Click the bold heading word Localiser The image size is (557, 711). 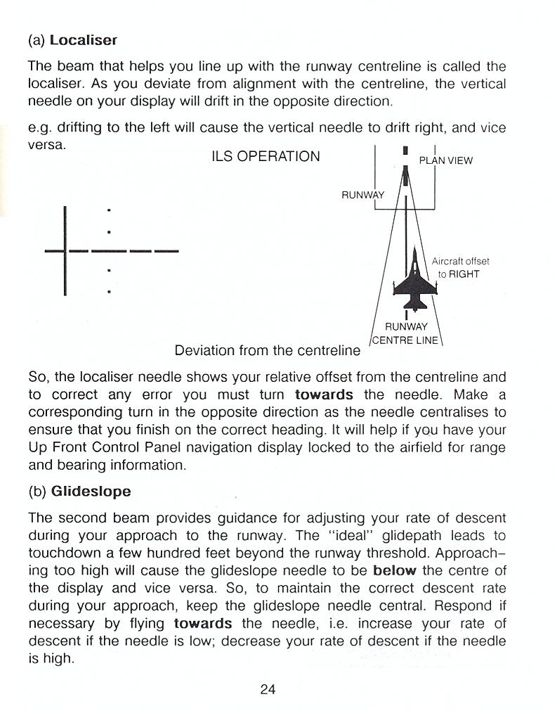(x=83, y=40)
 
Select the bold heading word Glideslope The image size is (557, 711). (x=91, y=491)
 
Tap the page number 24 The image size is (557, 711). (x=267, y=689)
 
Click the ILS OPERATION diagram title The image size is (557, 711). (x=266, y=156)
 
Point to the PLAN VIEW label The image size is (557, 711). (x=446, y=160)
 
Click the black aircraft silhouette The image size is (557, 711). (x=415, y=281)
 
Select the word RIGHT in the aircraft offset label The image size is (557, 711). (x=464, y=274)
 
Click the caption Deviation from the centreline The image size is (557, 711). (x=267, y=350)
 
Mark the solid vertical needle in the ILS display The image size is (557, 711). (x=65, y=250)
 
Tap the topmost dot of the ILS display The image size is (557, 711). (x=108, y=210)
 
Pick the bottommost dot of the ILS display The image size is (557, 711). (x=108, y=290)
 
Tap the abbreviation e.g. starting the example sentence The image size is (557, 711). (x=39, y=128)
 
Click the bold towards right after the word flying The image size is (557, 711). (x=203, y=623)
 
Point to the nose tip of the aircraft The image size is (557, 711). (x=415, y=247)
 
